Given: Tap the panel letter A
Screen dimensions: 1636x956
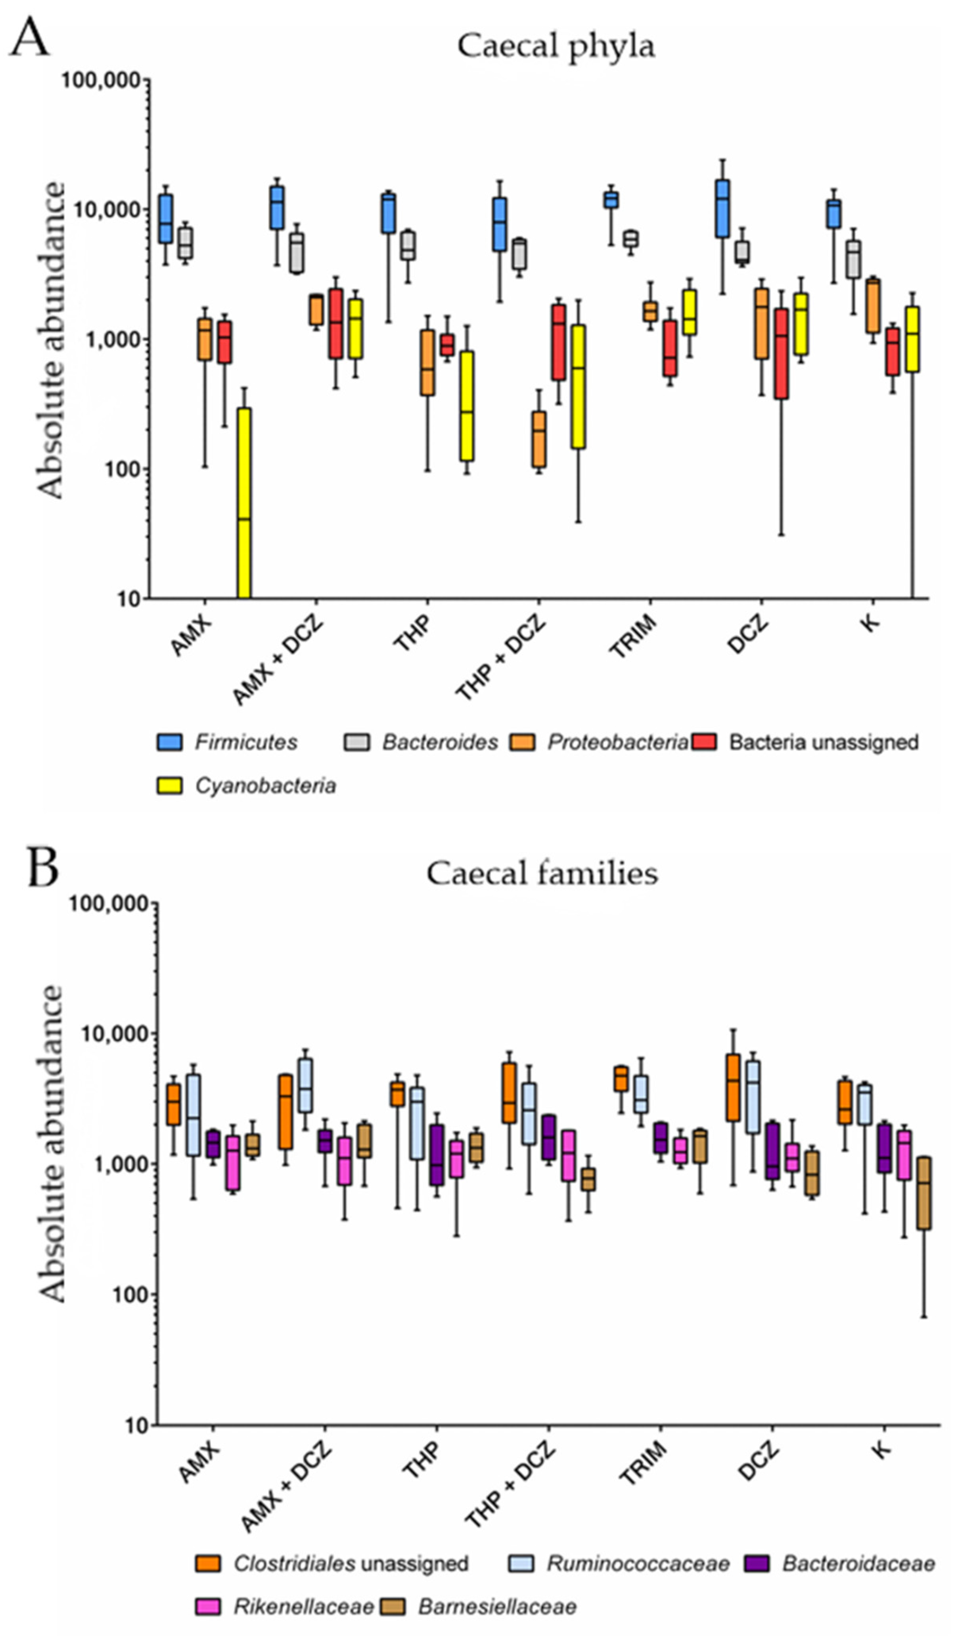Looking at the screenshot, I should coord(29,38).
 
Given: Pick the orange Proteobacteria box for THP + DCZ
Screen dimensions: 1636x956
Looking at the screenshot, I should coord(539,439).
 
